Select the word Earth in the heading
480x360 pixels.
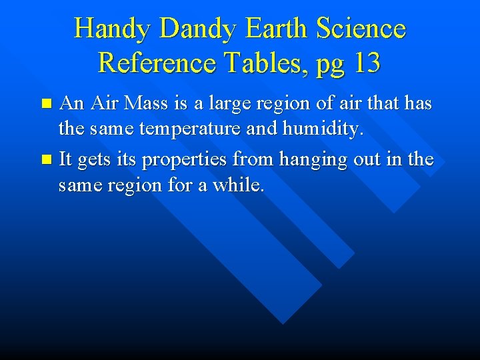click(x=276, y=29)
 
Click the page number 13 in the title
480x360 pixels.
click(x=367, y=63)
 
